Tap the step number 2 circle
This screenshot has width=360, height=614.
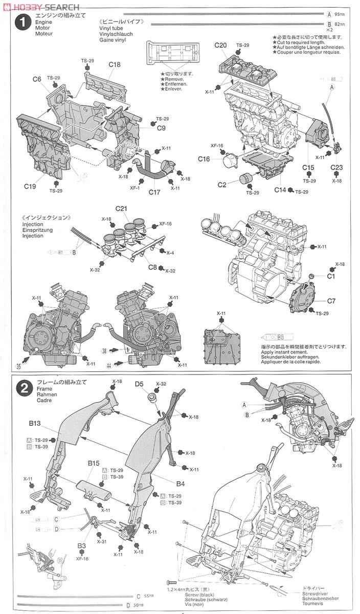coord(21,388)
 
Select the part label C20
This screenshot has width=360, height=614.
coord(220,46)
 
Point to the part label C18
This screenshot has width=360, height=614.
coord(115,64)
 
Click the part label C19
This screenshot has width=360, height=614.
coord(30,186)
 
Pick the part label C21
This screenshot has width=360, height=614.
coord(121,209)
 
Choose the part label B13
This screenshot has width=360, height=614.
coord(34,424)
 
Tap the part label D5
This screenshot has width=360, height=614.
coord(140,384)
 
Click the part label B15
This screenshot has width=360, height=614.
coord(93,463)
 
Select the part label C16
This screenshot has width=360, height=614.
coord(204,159)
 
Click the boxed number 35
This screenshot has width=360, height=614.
coord(19,366)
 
